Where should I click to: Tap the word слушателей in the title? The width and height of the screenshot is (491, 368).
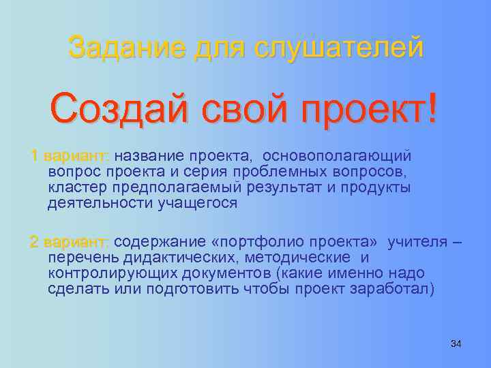pos(339,48)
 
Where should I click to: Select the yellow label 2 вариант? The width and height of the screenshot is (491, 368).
pos(69,242)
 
